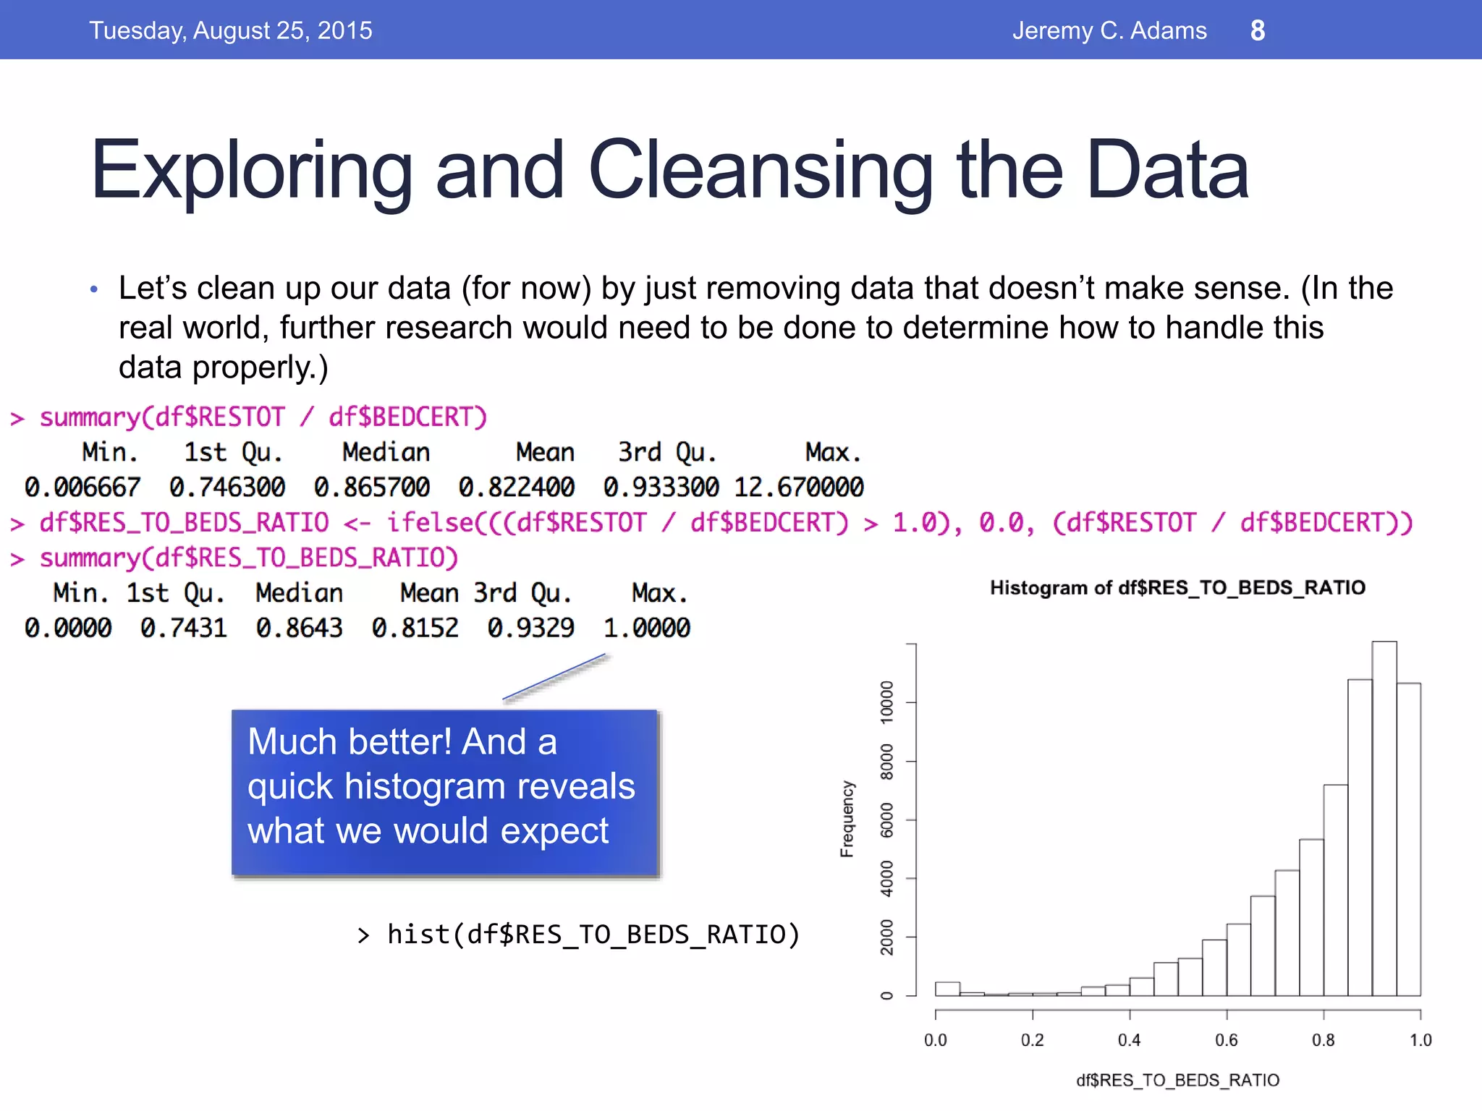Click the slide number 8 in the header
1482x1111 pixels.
[x=1258, y=30]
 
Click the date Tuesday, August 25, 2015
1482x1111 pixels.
[x=231, y=30]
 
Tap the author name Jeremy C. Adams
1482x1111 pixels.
[x=1109, y=30]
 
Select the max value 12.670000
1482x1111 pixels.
[x=799, y=487]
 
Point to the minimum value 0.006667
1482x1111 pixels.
[x=82, y=487]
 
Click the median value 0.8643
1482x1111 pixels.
[x=299, y=628]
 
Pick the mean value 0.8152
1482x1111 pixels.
[x=415, y=628]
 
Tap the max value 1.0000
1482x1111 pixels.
[x=647, y=628]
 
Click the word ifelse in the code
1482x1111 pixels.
[x=430, y=522]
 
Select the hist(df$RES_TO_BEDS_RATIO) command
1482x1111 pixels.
[x=593, y=935]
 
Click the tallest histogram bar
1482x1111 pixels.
[x=1384, y=817]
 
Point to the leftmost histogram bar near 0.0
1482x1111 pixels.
[x=947, y=989]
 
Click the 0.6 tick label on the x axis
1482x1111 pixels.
[x=1227, y=1040]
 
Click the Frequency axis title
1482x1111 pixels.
[x=847, y=819]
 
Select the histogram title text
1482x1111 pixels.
[x=1177, y=587]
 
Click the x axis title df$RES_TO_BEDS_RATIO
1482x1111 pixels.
[x=1177, y=1080]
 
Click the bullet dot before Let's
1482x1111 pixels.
[x=93, y=290]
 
